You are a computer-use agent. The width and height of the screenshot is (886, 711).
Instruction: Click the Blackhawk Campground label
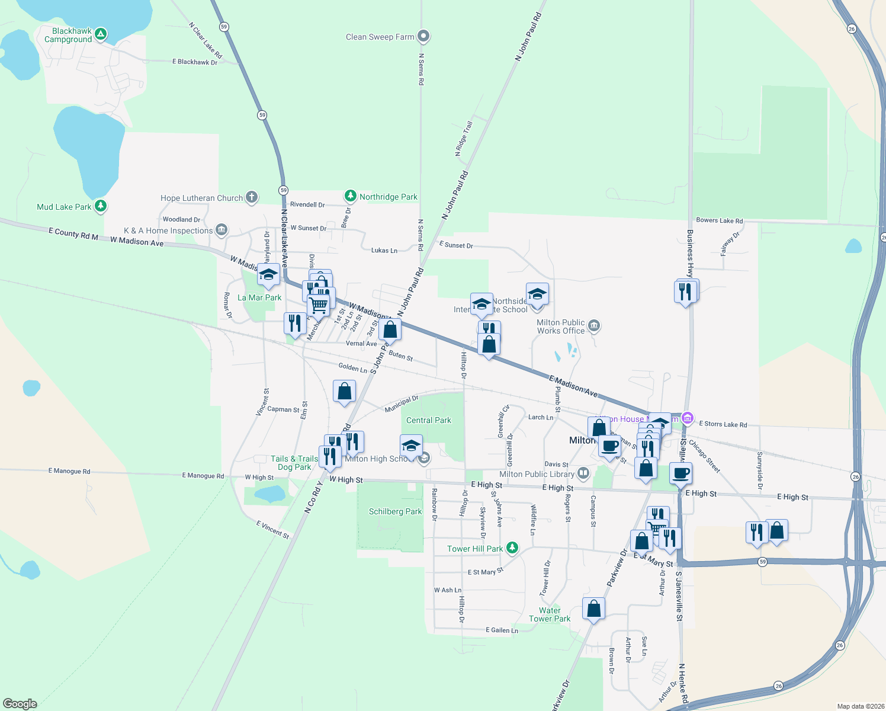pyautogui.click(x=68, y=36)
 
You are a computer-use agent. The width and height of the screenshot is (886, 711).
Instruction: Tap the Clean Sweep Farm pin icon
pyautogui.click(x=423, y=37)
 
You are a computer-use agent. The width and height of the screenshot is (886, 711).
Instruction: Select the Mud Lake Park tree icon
pyautogui.click(x=101, y=206)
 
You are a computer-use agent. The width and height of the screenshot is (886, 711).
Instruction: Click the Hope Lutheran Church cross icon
pyautogui.click(x=252, y=197)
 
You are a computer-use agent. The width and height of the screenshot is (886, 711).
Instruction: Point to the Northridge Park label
pyautogui.click(x=388, y=197)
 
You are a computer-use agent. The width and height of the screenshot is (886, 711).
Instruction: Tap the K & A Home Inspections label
pyautogui.click(x=168, y=230)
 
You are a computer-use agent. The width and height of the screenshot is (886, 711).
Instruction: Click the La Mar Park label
pyautogui.click(x=259, y=297)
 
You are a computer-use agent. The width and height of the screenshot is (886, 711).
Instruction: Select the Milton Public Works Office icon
pyautogui.click(x=594, y=326)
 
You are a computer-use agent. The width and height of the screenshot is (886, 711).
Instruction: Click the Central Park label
pyautogui.click(x=429, y=420)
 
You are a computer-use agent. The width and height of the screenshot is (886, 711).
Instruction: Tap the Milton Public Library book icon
pyautogui.click(x=583, y=473)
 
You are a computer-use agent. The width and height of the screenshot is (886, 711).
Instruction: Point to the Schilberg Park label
pyautogui.click(x=395, y=511)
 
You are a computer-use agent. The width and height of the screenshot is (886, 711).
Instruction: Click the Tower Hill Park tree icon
pyautogui.click(x=512, y=548)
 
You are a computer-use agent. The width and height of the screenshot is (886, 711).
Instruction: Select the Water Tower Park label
pyautogui.click(x=550, y=614)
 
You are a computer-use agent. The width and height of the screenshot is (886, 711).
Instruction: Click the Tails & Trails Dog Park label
pyautogui.click(x=294, y=463)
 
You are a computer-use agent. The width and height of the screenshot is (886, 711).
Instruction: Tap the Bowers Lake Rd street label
pyautogui.click(x=719, y=220)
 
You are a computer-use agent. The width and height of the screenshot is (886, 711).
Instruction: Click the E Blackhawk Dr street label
pyautogui.click(x=194, y=62)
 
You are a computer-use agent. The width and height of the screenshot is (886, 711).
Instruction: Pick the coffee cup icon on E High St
pyautogui.click(x=681, y=473)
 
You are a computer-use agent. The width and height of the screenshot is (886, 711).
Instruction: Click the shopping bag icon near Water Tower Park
pyautogui.click(x=593, y=608)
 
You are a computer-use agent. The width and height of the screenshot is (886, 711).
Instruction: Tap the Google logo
pyautogui.click(x=20, y=703)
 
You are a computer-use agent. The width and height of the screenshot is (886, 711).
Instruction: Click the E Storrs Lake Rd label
pyautogui.click(x=723, y=424)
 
